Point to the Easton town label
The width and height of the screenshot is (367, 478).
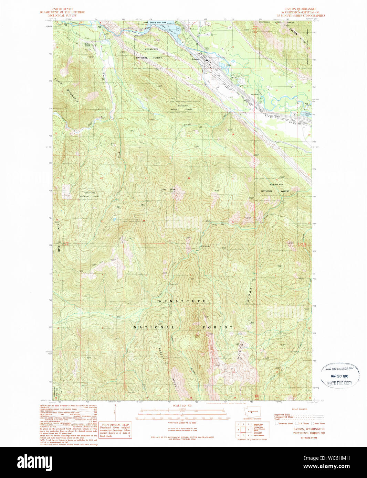pyautogui.click(x=195, y=59)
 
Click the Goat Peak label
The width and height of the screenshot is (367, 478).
pyautogui.click(x=168, y=189)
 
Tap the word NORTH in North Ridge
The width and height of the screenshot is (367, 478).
pyautogui.click(x=240, y=351)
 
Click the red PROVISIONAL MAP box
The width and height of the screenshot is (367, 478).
pyautogui.click(x=115, y=430)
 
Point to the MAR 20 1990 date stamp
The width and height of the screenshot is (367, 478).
pyautogui.click(x=339, y=376)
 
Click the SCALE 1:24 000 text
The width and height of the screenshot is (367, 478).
pyautogui.click(x=181, y=406)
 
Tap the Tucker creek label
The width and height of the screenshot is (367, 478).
pyautogui.click(x=187, y=124)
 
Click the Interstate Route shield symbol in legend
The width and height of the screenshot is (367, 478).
pyautogui.click(x=276, y=424)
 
